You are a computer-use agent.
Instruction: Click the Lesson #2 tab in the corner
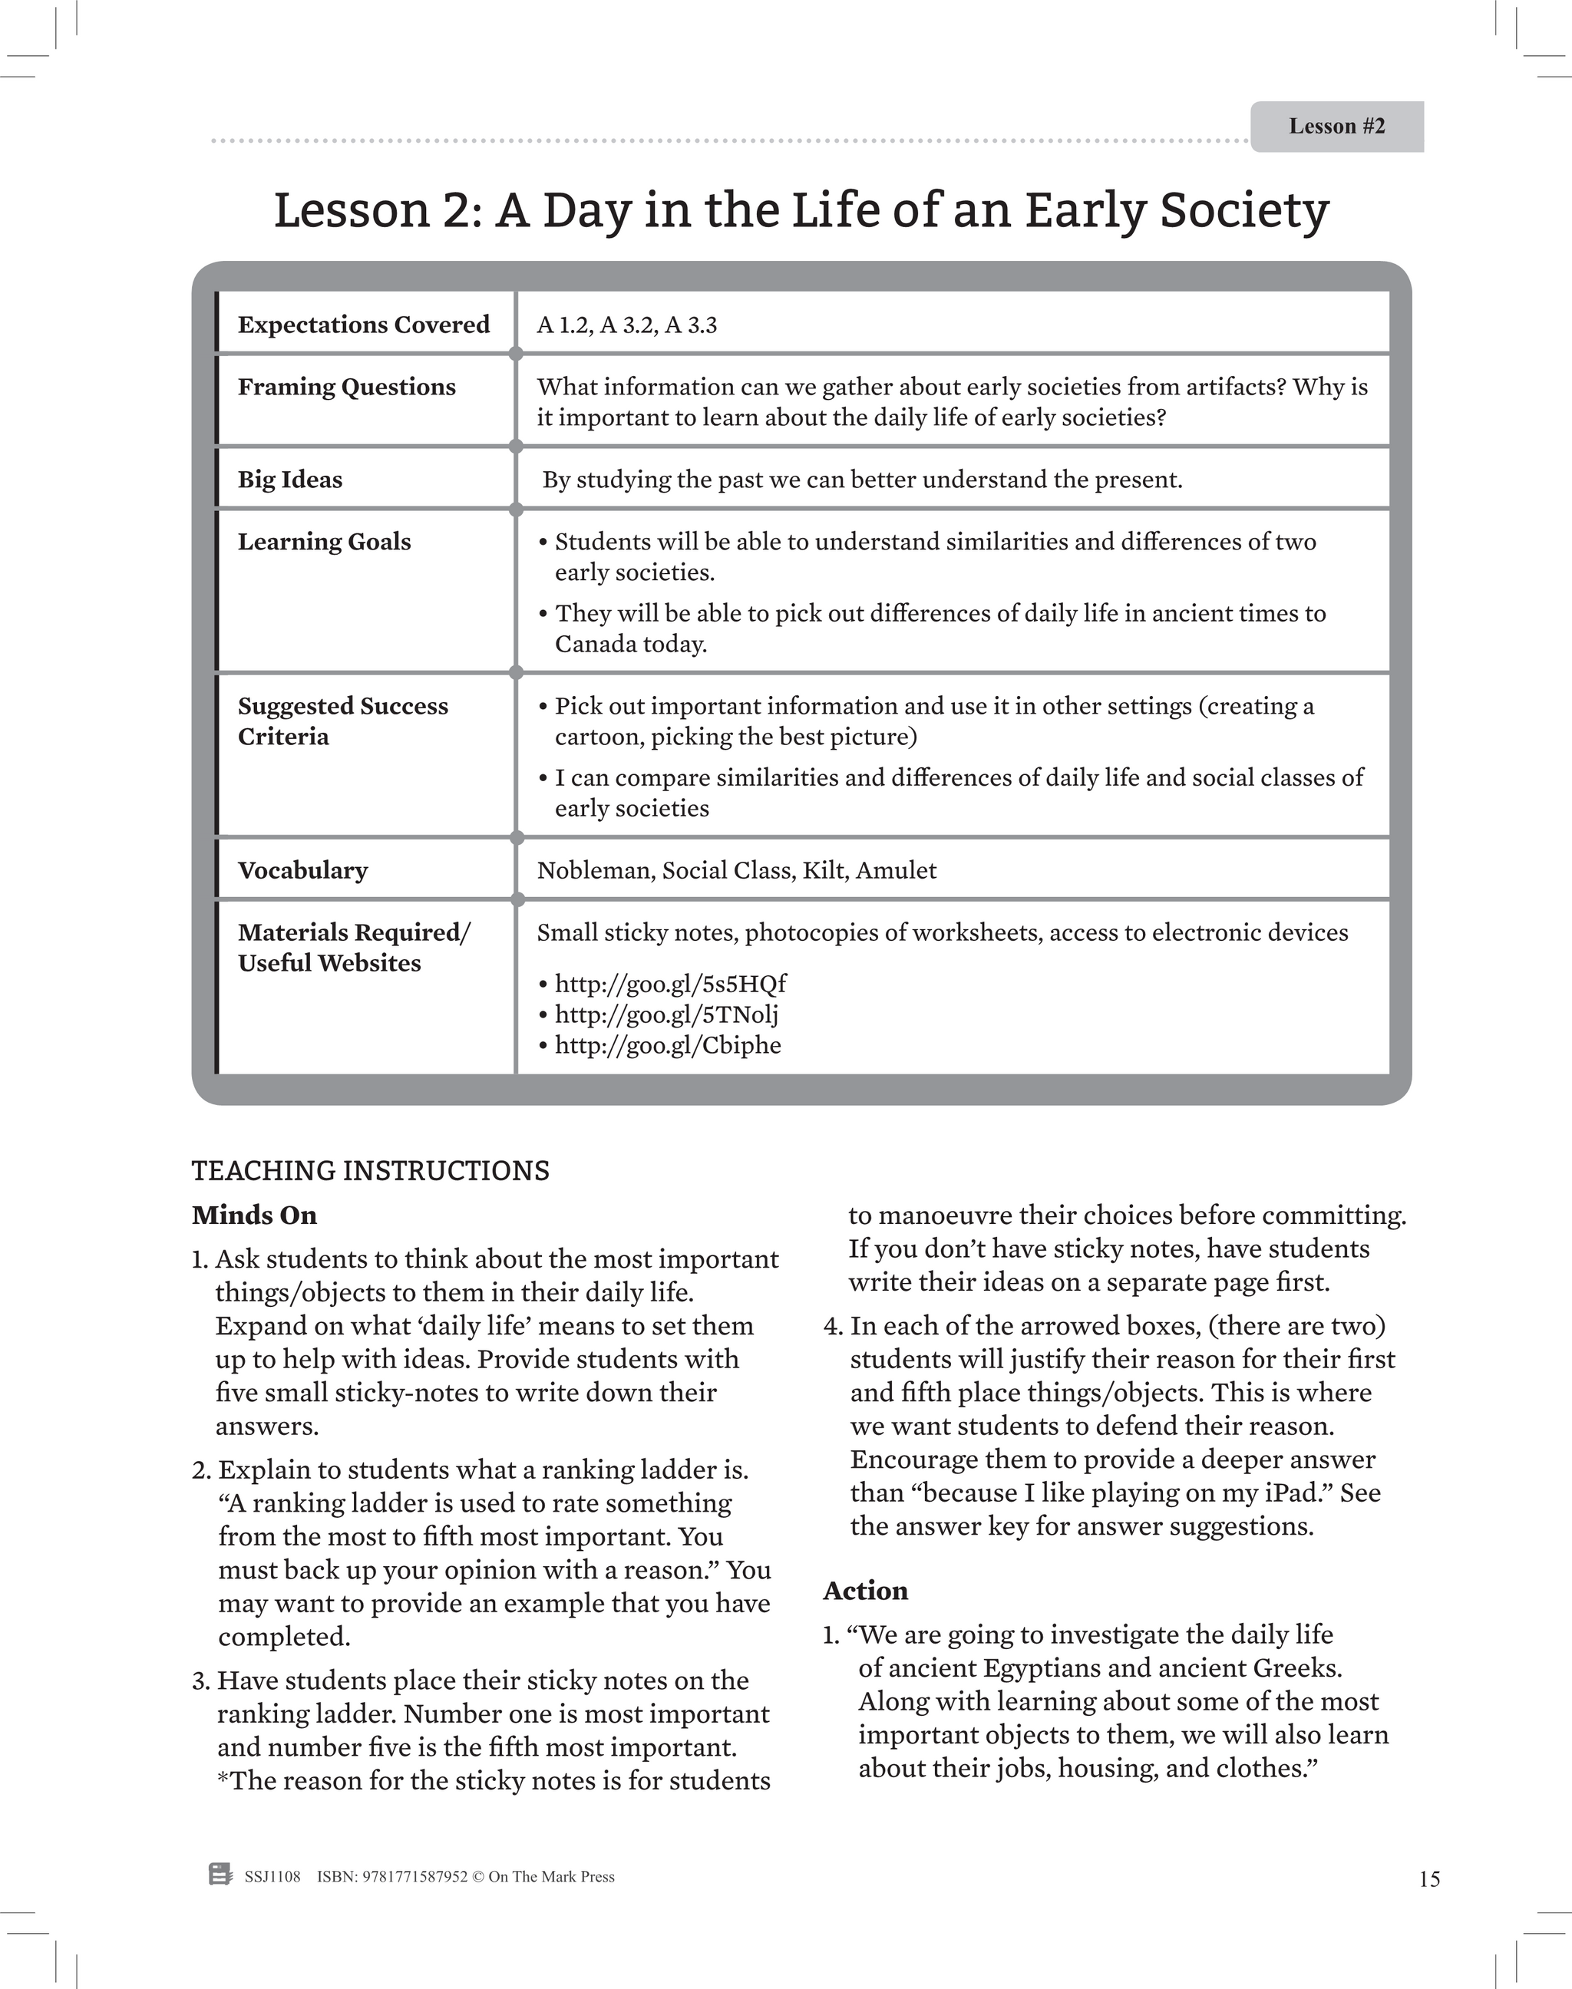tap(1336, 126)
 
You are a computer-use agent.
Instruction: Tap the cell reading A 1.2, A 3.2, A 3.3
tap(627, 325)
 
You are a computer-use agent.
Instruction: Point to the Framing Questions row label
tap(346, 388)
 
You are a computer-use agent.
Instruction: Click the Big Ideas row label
tap(290, 480)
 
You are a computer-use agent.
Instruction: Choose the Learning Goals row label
tap(324, 542)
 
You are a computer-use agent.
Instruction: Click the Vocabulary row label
tap(302, 870)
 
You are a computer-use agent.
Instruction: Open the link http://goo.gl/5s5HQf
tap(670, 984)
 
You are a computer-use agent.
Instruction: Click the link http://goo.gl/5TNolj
tap(666, 1014)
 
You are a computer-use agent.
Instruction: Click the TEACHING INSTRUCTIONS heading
tap(370, 1171)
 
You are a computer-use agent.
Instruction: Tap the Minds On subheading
tap(254, 1215)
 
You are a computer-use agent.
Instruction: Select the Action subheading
tap(865, 1591)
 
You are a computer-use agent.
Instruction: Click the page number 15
tap(1428, 1879)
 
